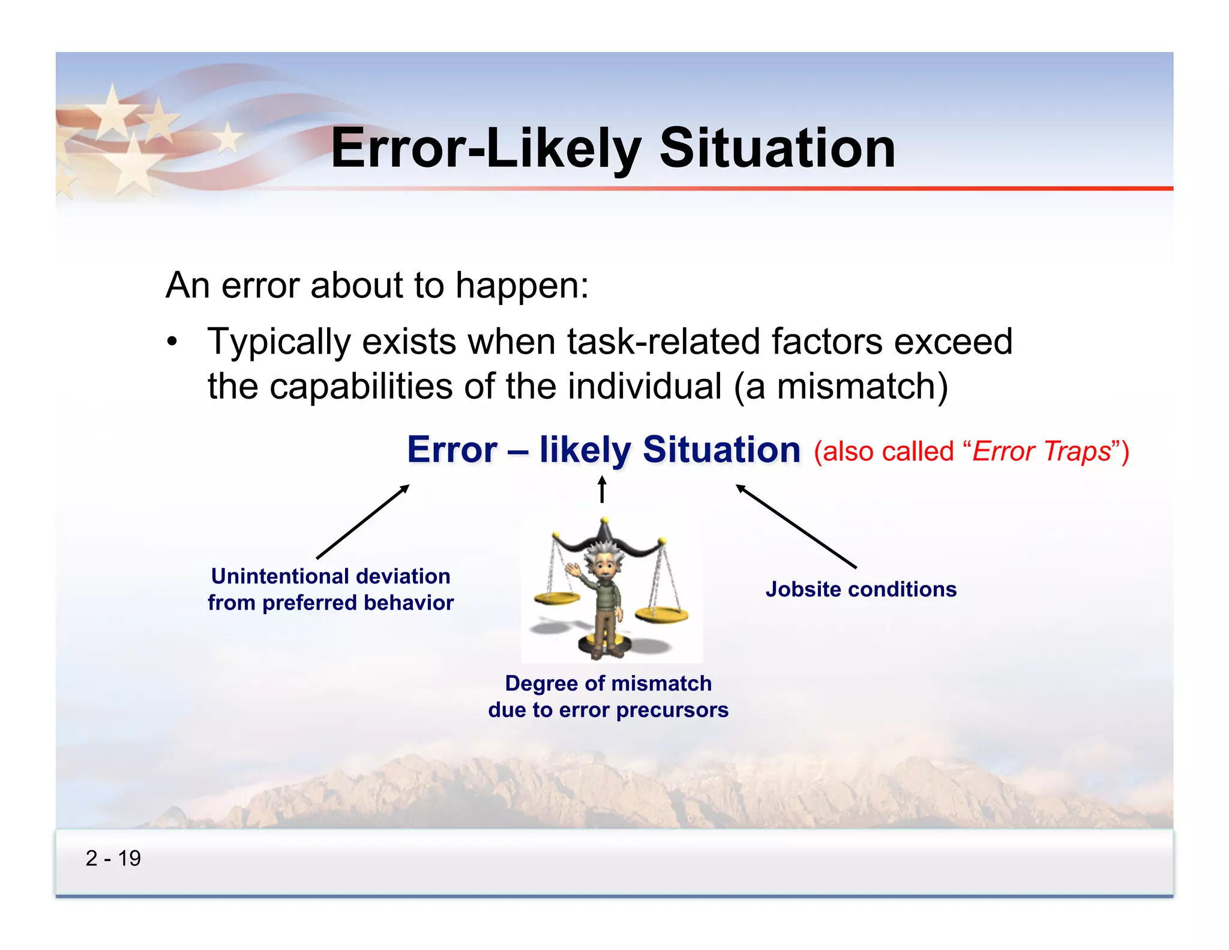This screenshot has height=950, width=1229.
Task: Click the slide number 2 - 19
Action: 113,858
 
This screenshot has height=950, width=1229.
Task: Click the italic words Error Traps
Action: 1042,451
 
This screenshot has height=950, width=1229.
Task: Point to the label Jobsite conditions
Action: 861,589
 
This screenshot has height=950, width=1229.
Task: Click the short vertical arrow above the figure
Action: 602,489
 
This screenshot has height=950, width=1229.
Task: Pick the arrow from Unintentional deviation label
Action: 363,522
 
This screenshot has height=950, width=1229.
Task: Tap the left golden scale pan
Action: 556,598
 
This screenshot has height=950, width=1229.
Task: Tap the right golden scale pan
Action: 661,614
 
